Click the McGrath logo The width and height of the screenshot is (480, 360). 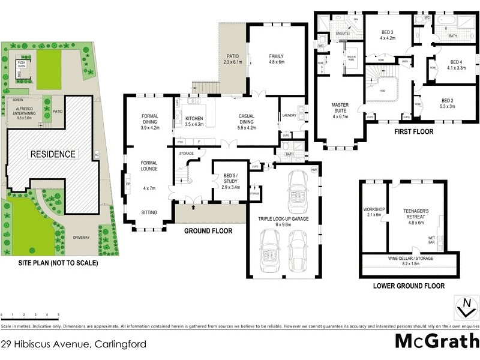[436, 341]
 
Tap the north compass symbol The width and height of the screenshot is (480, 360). [464, 307]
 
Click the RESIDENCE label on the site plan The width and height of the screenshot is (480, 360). [53, 154]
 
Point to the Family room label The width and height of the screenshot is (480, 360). [276, 59]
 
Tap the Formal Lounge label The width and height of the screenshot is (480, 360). [149, 166]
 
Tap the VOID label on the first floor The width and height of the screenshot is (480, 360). [382, 91]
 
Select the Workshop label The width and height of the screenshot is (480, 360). [373, 211]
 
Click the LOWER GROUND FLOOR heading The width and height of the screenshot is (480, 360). [409, 286]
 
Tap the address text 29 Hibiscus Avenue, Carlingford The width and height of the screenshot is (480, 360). [73, 344]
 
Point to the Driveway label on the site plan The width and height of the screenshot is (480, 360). [81, 237]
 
